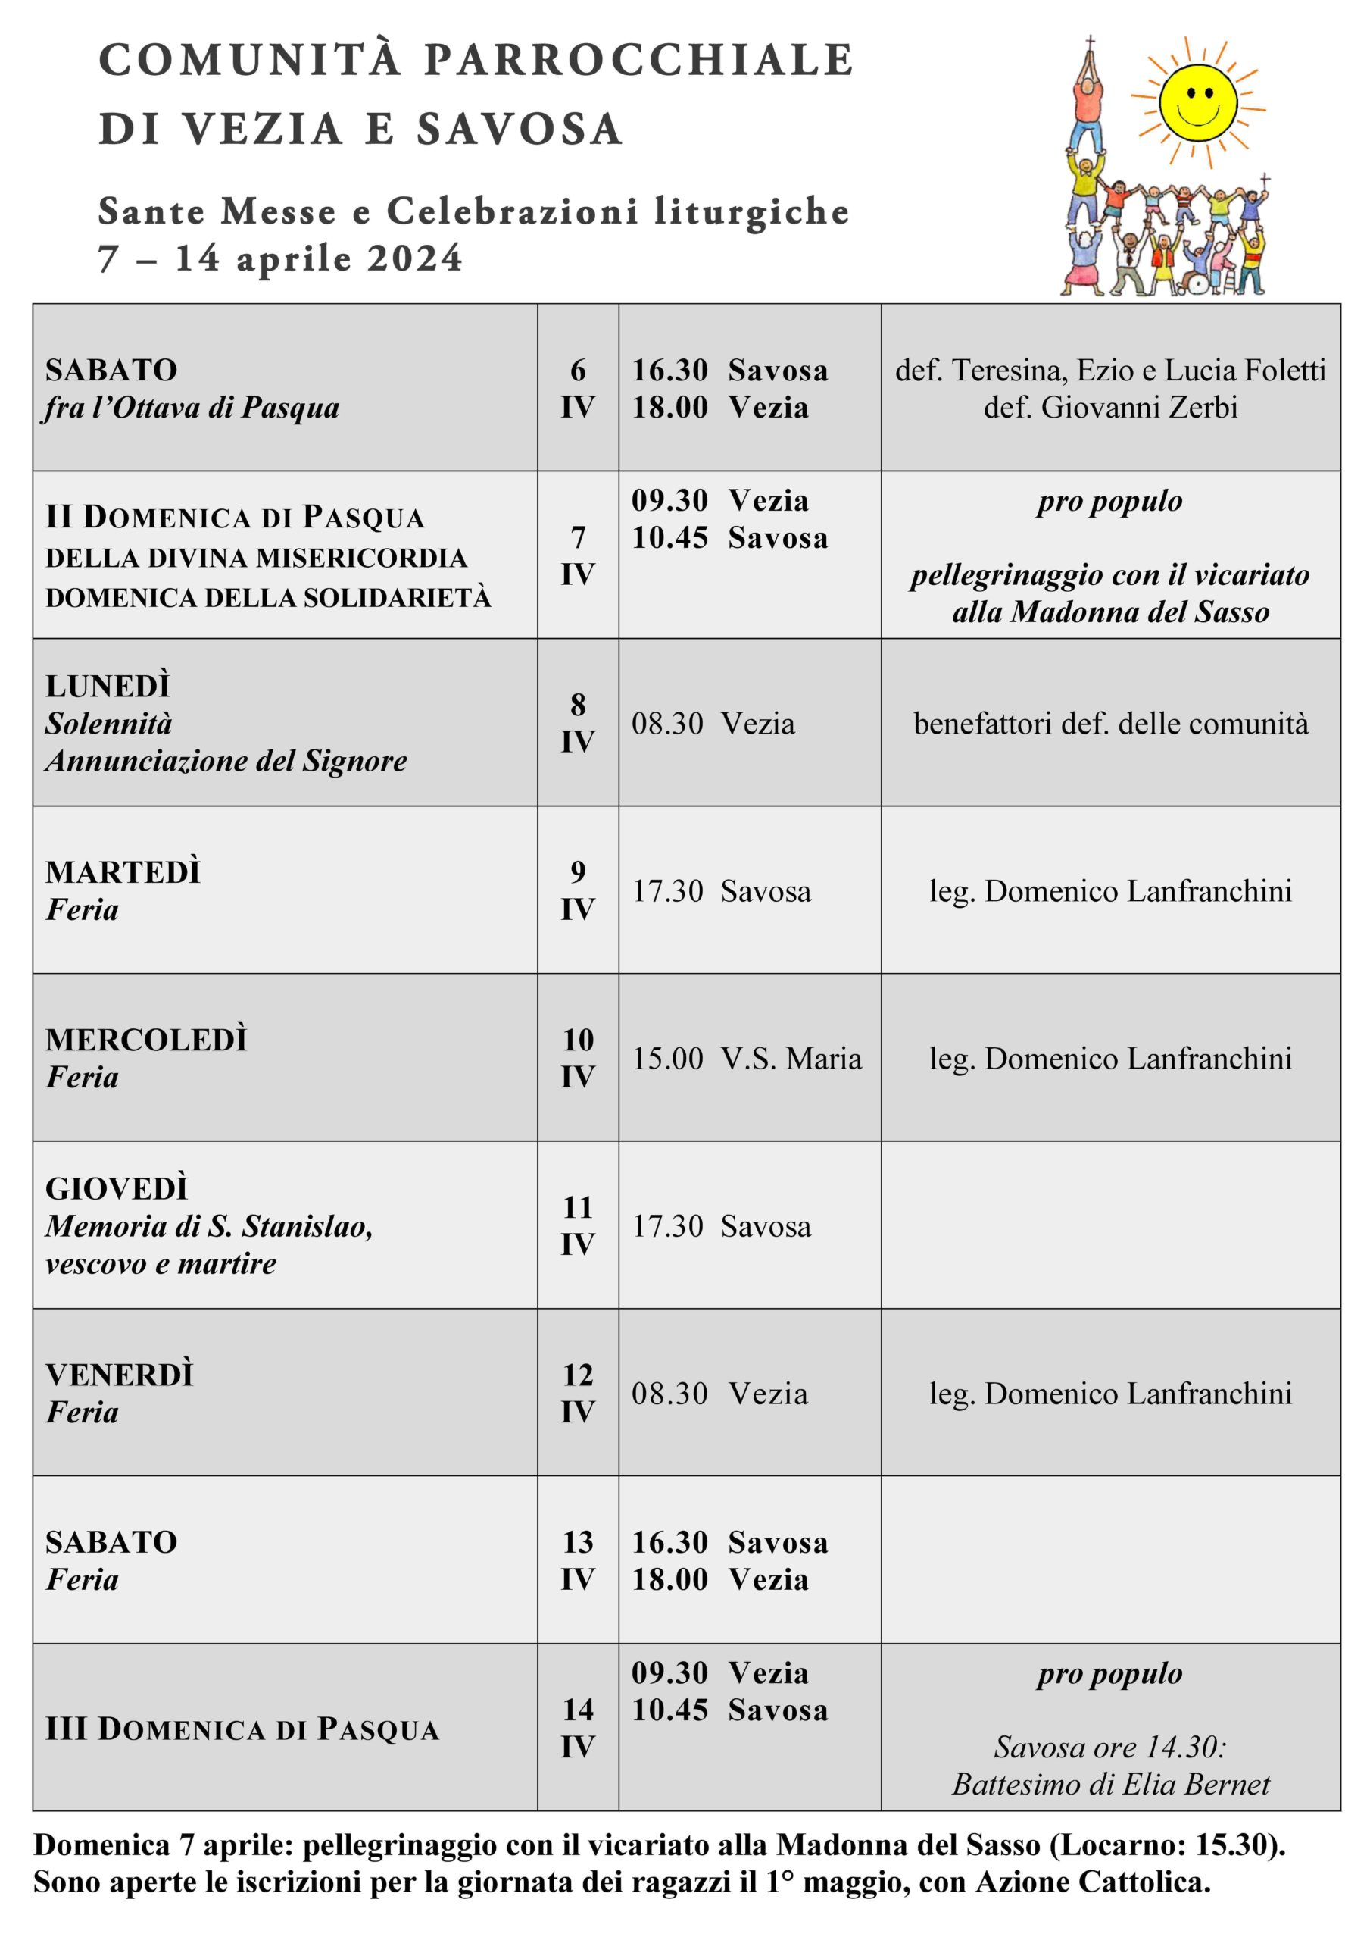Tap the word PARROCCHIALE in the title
coord(638,60)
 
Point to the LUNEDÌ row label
coord(108,686)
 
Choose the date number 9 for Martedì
coord(578,871)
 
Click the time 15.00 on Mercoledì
coord(668,1058)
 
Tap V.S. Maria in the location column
coord(791,1058)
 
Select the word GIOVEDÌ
coord(117,1189)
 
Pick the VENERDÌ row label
coord(120,1375)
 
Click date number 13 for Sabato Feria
coord(578,1542)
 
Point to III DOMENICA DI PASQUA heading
coord(242,1729)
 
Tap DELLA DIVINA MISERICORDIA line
coord(256,558)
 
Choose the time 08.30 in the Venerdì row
coord(669,1394)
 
